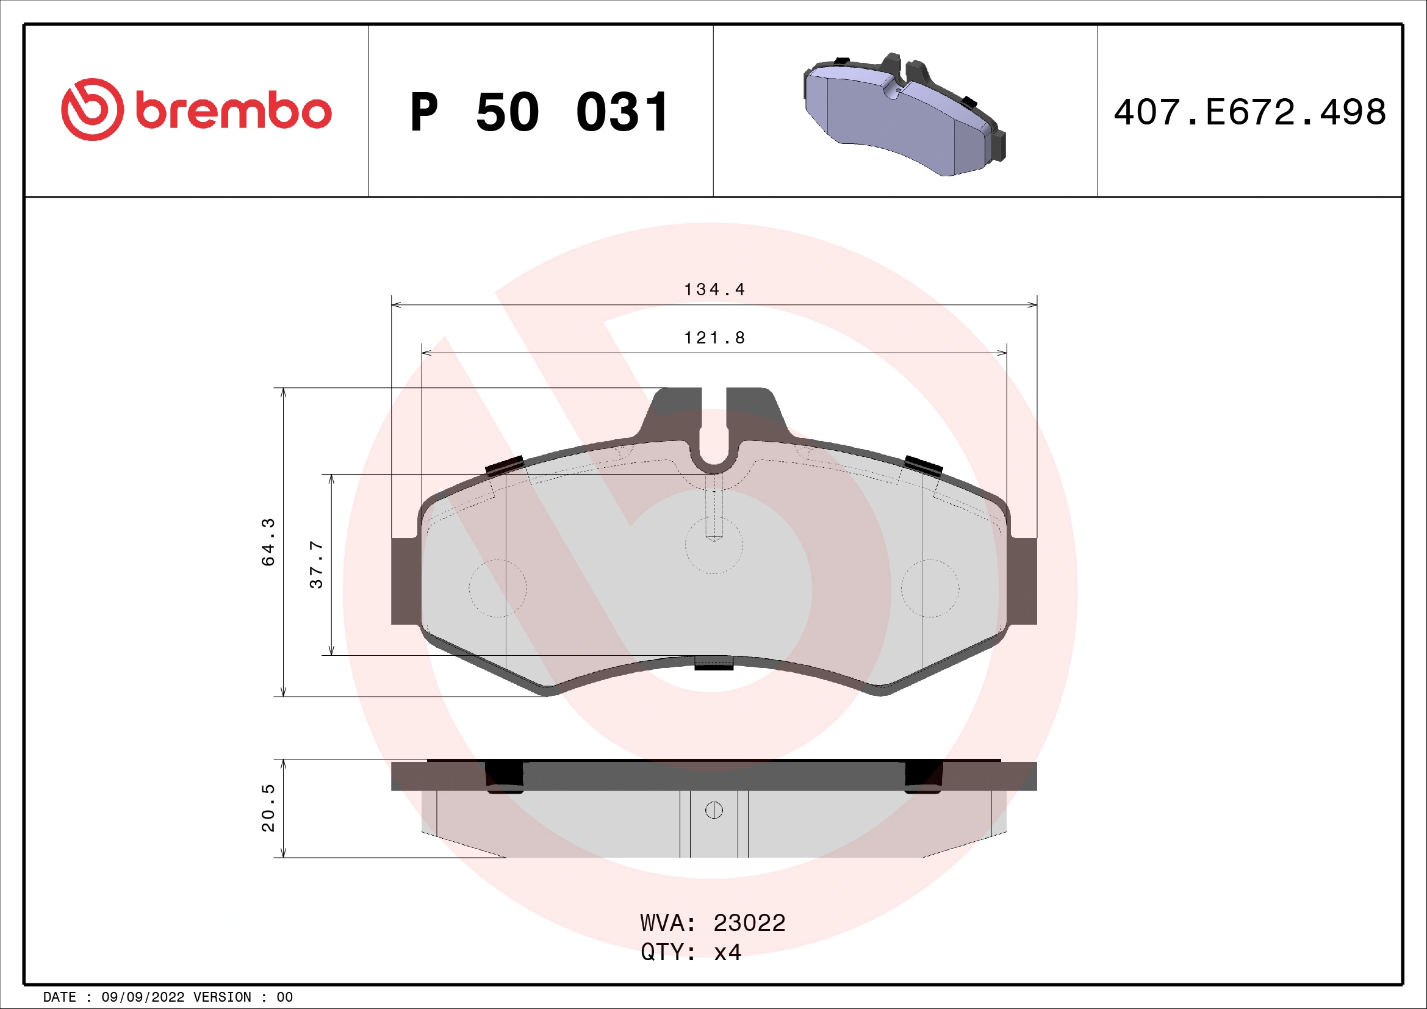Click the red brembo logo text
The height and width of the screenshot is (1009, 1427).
232,112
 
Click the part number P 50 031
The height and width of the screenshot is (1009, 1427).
539,112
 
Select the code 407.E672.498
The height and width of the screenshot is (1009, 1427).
1249,112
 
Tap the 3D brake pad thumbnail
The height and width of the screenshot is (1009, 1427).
904,115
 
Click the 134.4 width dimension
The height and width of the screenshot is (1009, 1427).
714,290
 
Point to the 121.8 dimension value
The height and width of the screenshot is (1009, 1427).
714,338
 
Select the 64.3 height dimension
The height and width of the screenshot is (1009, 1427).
268,542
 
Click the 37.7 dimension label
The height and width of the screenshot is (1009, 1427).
317,564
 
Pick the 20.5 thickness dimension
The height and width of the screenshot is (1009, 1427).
268,808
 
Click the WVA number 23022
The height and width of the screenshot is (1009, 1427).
749,923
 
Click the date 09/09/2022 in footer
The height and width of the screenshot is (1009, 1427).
142,997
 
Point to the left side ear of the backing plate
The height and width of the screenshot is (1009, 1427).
405,581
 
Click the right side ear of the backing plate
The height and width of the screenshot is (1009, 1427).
1023,581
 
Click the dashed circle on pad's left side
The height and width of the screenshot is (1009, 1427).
497,588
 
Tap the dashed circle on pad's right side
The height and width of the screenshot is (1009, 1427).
930,588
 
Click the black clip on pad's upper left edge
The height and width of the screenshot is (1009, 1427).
504,465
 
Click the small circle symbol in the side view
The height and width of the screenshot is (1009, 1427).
714,810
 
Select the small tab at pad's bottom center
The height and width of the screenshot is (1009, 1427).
714,664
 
